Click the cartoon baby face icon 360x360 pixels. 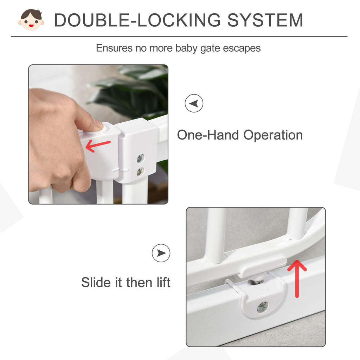point(31,20)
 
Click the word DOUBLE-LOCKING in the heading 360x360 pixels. point(137,20)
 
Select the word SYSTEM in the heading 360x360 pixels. point(265,20)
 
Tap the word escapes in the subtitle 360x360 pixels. point(242,48)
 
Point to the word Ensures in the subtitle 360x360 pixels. point(114,48)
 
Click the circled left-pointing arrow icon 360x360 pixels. point(194,103)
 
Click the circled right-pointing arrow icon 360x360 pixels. point(161,253)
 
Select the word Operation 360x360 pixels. point(273,135)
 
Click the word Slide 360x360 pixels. point(96,282)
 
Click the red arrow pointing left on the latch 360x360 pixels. point(98,146)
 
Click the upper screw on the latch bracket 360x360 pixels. point(140,159)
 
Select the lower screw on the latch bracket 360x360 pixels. point(140,172)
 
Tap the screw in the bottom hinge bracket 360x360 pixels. point(263,307)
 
